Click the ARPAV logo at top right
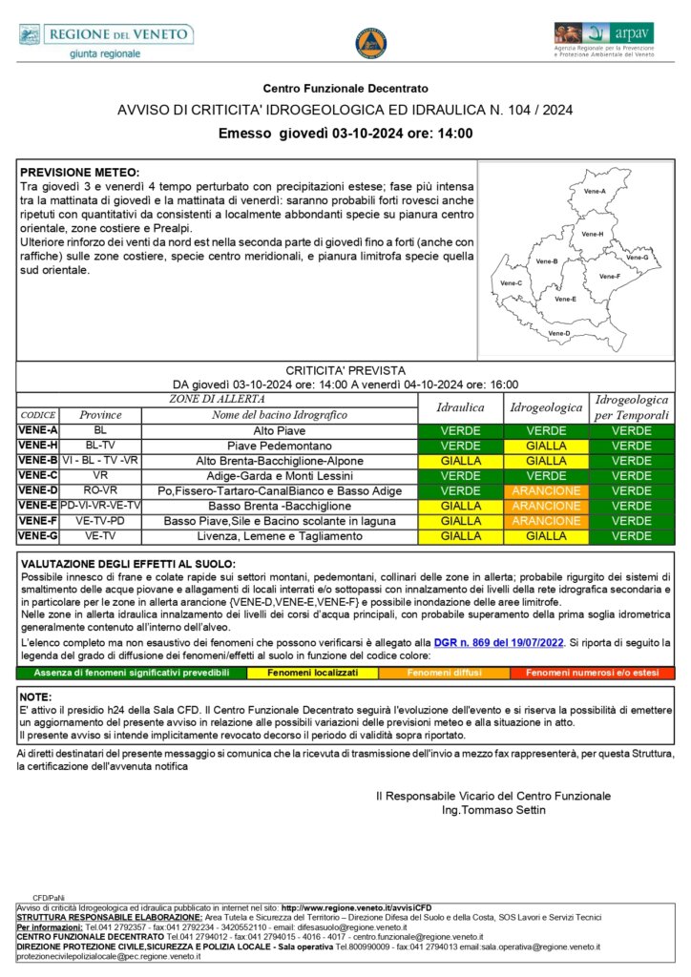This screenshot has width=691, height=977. coord(604,40)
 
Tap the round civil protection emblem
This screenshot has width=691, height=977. coord(370,43)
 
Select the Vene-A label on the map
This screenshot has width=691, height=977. coord(595,192)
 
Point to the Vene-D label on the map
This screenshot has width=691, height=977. coord(559,333)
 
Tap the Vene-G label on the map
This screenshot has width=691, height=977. coord(637,258)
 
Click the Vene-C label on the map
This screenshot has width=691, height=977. coord(512,283)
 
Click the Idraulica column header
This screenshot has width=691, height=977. coord(460,407)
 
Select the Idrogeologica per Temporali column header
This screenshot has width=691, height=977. coord(631,407)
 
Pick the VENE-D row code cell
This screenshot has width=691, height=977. coord(38,490)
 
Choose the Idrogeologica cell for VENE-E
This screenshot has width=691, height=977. coord(546,506)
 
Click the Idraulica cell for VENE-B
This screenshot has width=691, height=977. coord(460,461)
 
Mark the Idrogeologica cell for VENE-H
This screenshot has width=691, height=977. coord(546,446)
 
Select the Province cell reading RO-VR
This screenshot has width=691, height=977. coord(100,490)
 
